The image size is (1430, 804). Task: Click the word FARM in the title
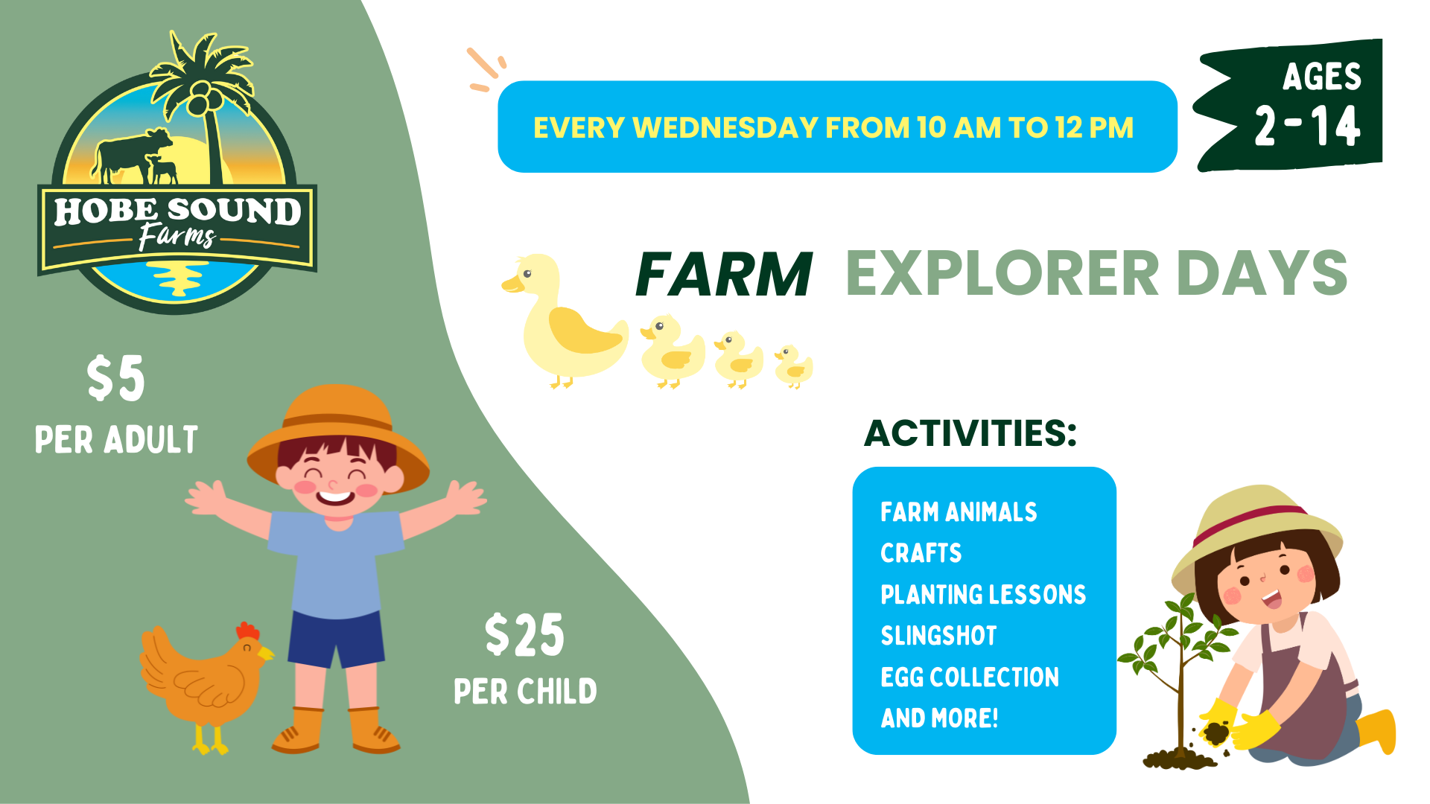[x=724, y=274]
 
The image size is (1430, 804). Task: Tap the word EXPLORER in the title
[x=1002, y=273]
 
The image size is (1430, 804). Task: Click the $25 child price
[x=524, y=635]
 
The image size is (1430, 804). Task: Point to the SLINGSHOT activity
[x=938, y=636]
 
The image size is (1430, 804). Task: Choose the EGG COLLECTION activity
[x=970, y=677]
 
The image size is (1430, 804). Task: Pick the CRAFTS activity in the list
[x=921, y=553]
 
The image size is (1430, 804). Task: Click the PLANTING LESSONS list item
[x=983, y=595]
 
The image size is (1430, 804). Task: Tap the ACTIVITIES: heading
[x=970, y=433]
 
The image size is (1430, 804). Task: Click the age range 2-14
[x=1308, y=125]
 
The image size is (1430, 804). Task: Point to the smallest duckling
[x=793, y=366]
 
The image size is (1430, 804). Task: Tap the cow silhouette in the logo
[x=131, y=155]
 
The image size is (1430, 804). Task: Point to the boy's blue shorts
[x=336, y=639]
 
